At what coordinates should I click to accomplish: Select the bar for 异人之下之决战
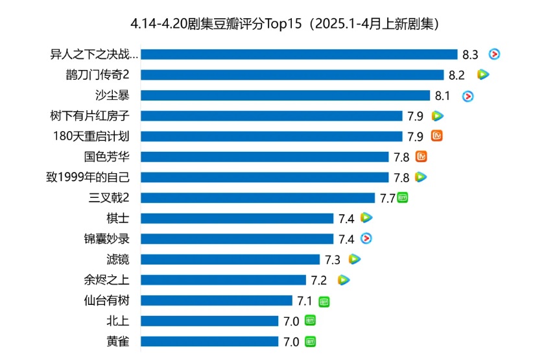pyautogui.click(x=299, y=54)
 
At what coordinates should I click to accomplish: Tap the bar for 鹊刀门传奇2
pyautogui.click(x=292, y=75)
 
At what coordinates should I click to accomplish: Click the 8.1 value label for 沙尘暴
pyautogui.click(x=442, y=96)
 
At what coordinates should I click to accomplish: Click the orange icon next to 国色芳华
pyautogui.click(x=421, y=156)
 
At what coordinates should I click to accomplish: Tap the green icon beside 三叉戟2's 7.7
pyautogui.click(x=403, y=198)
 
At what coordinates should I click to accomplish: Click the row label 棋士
pyautogui.click(x=117, y=219)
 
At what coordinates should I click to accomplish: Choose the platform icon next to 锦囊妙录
pyautogui.click(x=366, y=239)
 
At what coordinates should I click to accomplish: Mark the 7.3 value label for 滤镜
pyautogui.click(x=333, y=260)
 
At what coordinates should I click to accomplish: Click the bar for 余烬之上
pyautogui.click(x=223, y=280)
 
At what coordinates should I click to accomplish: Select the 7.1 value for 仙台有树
pyautogui.click(x=305, y=301)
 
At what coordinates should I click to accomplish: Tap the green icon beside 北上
pyautogui.click(x=310, y=320)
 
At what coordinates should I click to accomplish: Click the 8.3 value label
pyautogui.click(x=471, y=55)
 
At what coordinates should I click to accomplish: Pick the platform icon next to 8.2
pyautogui.click(x=482, y=75)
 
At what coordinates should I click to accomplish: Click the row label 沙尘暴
pyautogui.click(x=112, y=95)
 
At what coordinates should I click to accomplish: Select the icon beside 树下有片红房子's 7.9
pyautogui.click(x=438, y=116)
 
